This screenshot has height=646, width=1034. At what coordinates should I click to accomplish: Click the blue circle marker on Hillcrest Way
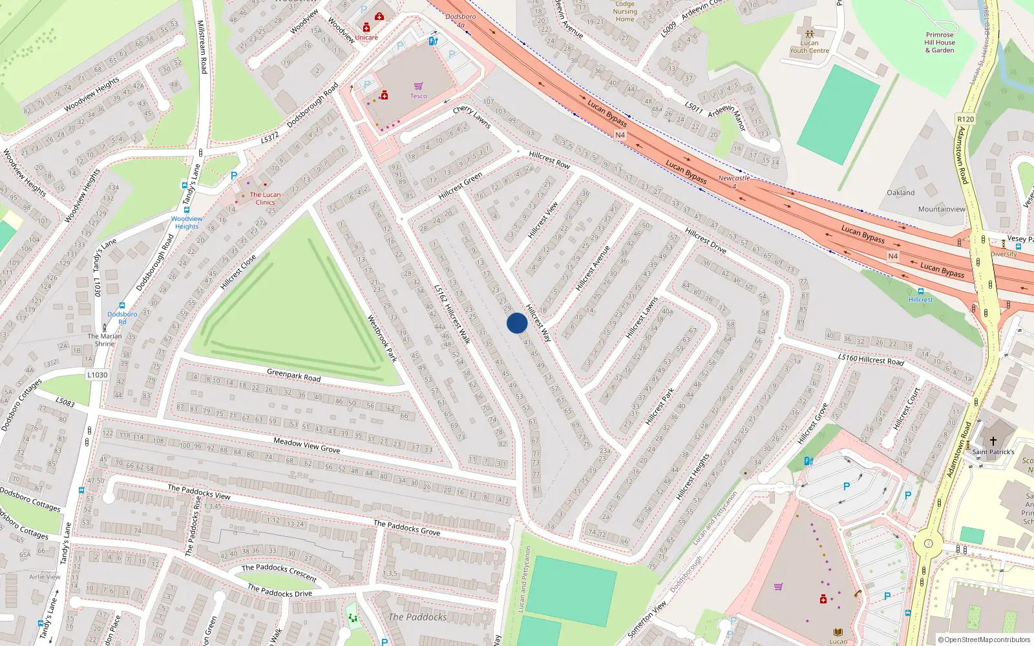517,323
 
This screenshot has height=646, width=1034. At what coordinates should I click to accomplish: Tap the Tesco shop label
418,96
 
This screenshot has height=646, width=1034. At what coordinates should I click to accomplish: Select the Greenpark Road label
293,375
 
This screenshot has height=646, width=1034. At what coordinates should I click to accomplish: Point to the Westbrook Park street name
382,339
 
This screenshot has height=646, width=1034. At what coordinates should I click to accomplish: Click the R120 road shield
965,119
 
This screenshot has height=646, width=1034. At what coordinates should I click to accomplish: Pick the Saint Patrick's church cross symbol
993,441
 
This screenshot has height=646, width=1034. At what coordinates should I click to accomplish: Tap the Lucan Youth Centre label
809,47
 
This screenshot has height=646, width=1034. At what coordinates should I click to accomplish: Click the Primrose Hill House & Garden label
940,43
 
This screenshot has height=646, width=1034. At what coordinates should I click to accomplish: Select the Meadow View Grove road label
306,445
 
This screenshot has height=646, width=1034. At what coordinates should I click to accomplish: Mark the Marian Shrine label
105,340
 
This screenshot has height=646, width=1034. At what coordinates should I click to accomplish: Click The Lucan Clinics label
265,198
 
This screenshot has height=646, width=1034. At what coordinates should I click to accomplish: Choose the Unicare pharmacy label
366,37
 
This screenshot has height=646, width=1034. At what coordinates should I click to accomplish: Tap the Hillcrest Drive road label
706,240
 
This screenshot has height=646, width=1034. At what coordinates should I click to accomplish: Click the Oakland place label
901,193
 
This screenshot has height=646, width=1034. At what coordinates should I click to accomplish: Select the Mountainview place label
942,209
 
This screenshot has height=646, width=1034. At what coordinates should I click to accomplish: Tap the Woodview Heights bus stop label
186,222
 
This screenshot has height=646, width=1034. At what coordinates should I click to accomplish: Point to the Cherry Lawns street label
472,117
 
